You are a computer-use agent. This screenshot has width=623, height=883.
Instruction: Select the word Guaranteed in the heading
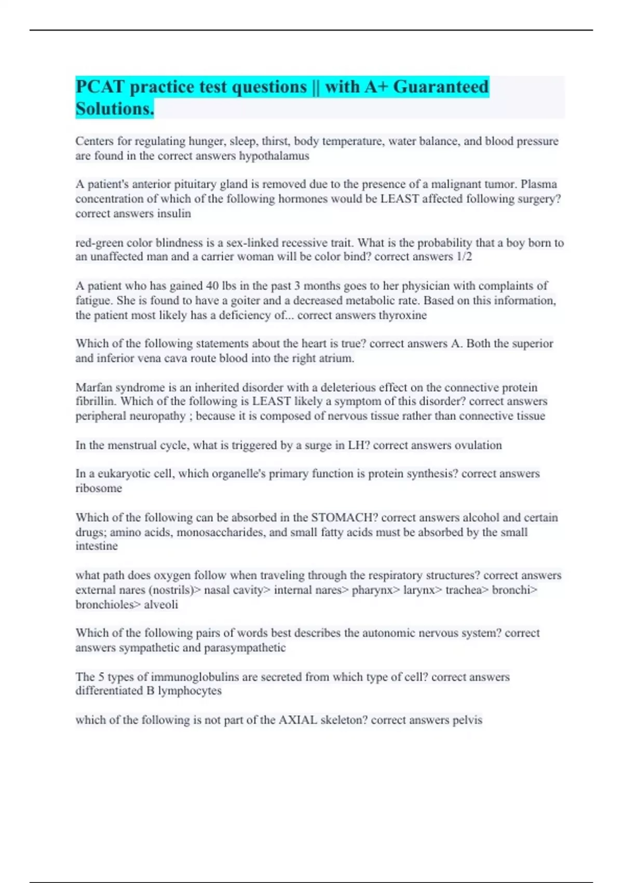(441, 87)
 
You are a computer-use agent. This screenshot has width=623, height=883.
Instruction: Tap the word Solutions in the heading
(114, 109)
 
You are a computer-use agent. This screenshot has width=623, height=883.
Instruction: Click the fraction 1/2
(464, 257)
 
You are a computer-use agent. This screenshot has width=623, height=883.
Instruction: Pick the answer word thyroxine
(402, 315)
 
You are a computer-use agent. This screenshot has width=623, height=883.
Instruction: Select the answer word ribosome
(99, 488)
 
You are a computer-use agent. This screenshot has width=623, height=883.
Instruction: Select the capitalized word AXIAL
(298, 720)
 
